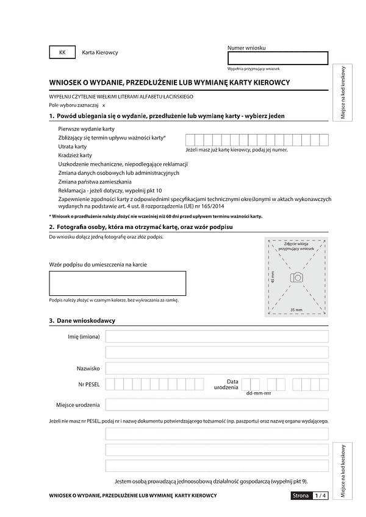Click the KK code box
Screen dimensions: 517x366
(x=62, y=52)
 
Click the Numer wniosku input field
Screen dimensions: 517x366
(x=278, y=58)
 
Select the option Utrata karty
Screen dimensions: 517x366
(x=73, y=147)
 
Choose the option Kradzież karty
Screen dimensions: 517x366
(x=75, y=155)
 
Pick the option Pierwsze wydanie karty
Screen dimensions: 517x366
(x=87, y=129)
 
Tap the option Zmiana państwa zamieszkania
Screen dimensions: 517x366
(x=94, y=181)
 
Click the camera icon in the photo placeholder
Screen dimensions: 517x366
(x=296, y=277)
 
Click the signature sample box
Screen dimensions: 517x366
(x=117, y=283)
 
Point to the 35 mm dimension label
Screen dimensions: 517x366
(x=296, y=310)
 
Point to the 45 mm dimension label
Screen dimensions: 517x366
(x=273, y=277)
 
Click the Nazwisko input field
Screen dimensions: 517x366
(x=217, y=368)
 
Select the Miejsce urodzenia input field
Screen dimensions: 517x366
(x=217, y=405)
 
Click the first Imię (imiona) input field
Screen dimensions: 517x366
(x=217, y=337)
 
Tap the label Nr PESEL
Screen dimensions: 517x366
(x=89, y=384)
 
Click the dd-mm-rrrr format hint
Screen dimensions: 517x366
(x=258, y=393)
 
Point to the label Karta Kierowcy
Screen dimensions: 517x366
(x=100, y=52)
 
